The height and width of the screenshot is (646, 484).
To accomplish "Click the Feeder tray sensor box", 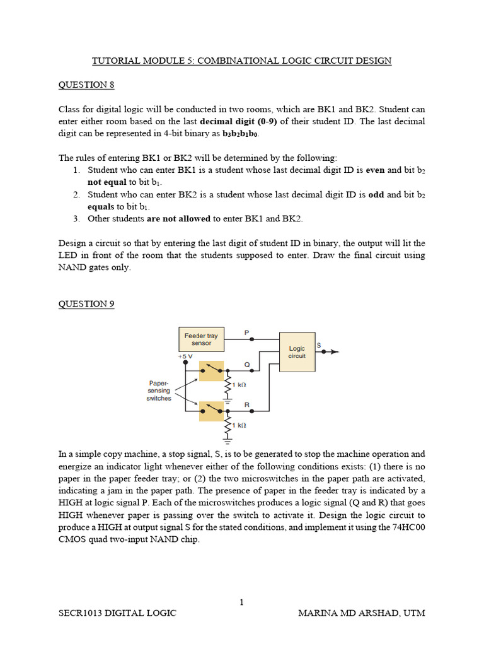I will pyautogui.click(x=201, y=339).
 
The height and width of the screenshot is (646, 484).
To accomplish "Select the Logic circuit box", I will pyautogui.click(x=297, y=351).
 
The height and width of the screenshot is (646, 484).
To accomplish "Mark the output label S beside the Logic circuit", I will pyautogui.click(x=318, y=345).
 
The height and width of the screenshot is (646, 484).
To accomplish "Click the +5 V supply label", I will pyautogui.click(x=185, y=356).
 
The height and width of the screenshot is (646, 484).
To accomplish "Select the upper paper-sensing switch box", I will pyautogui.click(x=211, y=371).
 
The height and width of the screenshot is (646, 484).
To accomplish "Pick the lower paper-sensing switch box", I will pyautogui.click(x=211, y=411).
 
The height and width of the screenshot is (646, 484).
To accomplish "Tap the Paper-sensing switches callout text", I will pyautogui.click(x=159, y=391).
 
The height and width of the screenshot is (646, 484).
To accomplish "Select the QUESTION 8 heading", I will pyautogui.click(x=86, y=85).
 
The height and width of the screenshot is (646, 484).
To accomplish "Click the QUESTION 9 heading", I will pyautogui.click(x=86, y=303).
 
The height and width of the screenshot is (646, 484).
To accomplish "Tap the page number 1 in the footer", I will pyautogui.click(x=241, y=602).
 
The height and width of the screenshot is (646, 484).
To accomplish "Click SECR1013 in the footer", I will pyautogui.click(x=81, y=613).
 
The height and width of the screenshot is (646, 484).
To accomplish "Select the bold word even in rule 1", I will pyautogui.click(x=376, y=170).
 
